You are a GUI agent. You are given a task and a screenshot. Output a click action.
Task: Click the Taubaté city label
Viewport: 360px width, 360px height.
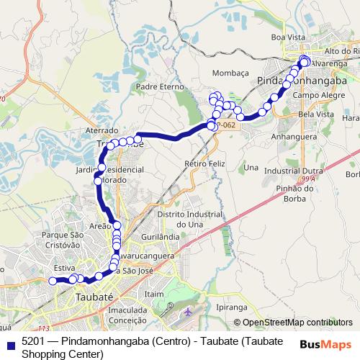pyautogui.click(x=95, y=296)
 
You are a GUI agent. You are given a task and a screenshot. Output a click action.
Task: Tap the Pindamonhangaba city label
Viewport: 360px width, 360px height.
pyautogui.click(x=297, y=82)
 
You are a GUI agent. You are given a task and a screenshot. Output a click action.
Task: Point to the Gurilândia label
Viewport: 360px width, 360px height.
pyautogui.click(x=161, y=236)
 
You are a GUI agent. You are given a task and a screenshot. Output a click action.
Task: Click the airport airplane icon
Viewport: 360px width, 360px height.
pyautogui.click(x=189, y=312)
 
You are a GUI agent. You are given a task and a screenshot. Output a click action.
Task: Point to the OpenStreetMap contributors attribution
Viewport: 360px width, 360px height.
pyautogui.click(x=298, y=323)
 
